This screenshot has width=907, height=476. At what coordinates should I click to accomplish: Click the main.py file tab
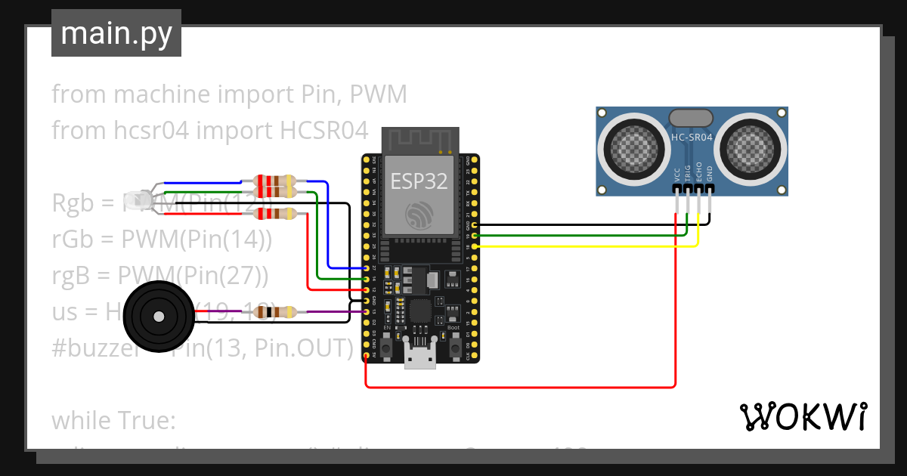coord(116,33)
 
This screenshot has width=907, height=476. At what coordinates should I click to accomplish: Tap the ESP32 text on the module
coord(419,181)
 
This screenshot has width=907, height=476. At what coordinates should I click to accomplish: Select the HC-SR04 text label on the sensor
coord(692,138)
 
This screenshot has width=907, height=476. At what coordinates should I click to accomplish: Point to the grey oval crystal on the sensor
coord(691,117)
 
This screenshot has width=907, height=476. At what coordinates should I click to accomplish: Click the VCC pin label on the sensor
coord(676,175)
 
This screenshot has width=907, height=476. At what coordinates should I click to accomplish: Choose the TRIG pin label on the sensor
coord(687,173)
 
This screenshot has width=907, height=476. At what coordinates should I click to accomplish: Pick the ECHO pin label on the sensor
coord(698,172)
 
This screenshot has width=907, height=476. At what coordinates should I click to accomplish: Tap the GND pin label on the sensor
coord(709,174)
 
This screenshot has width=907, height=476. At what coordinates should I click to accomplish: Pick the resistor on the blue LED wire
coord(275,182)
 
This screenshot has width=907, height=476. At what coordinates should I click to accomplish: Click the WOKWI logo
coord(803,416)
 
